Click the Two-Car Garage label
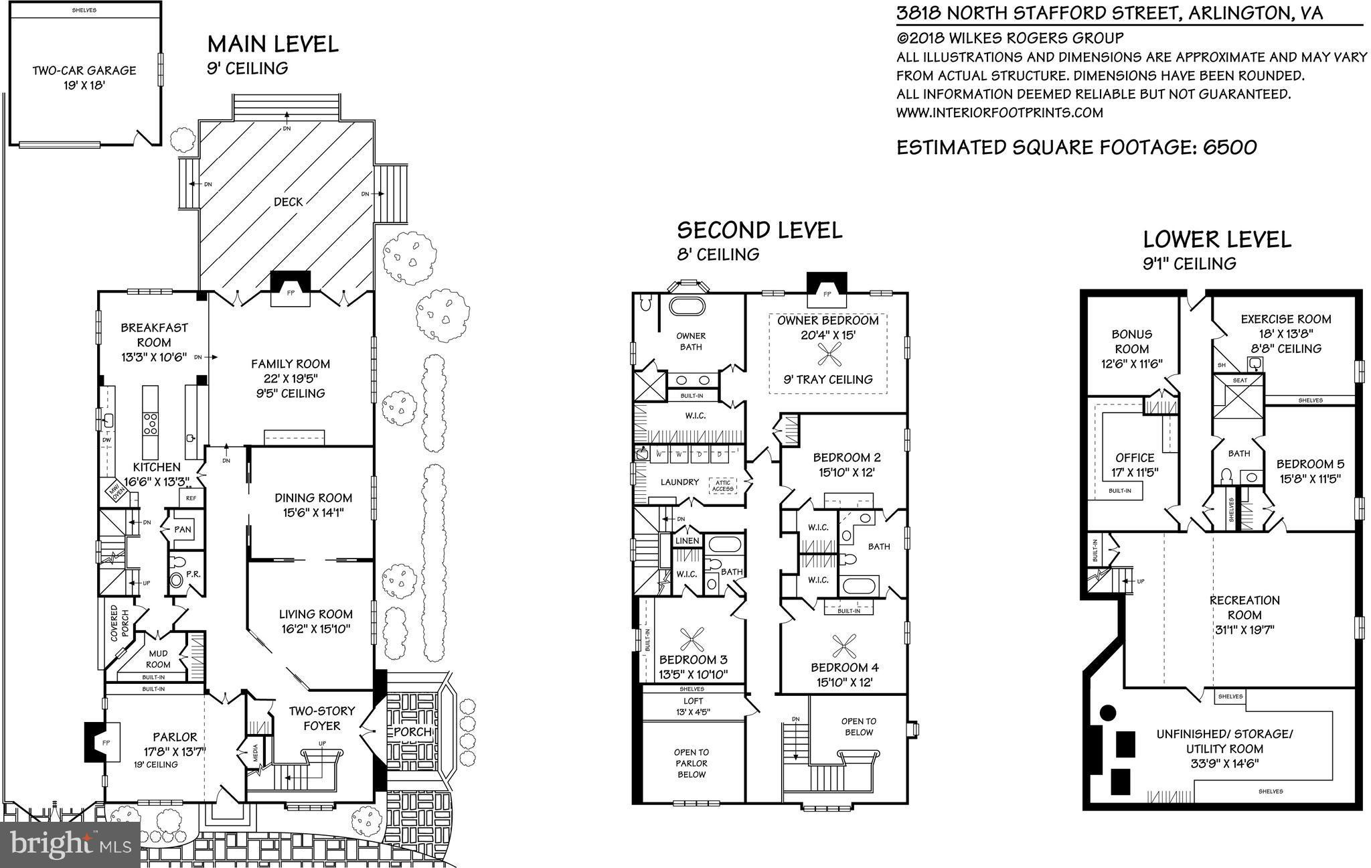(84, 70)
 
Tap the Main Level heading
(272, 44)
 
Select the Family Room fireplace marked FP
(290, 293)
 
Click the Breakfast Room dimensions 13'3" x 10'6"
(154, 357)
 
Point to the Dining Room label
(313, 498)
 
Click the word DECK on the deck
(288, 202)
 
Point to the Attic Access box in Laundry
(722, 486)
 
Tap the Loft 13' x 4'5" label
(692, 707)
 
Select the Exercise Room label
(1285, 319)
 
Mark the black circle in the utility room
(1108, 713)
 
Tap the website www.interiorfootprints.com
(999, 113)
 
